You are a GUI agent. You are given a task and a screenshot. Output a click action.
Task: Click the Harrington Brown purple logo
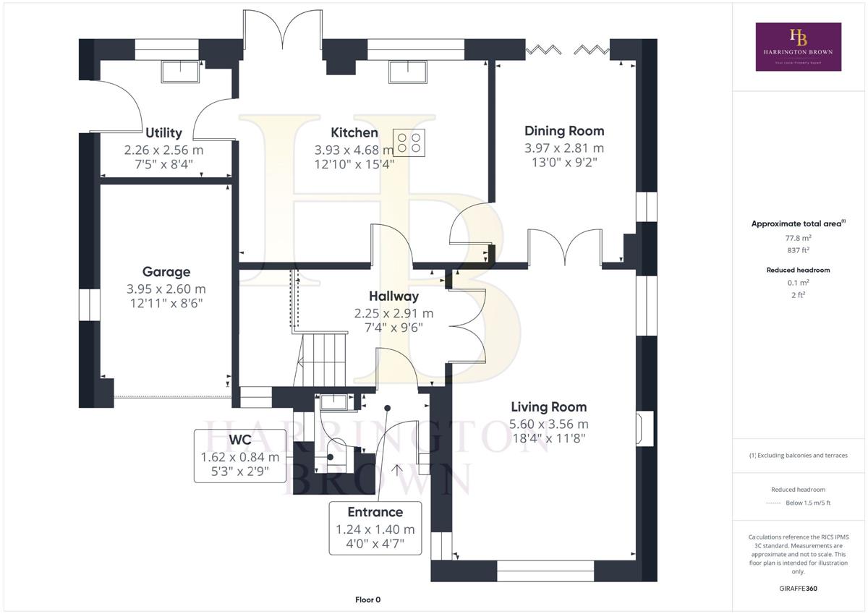(x=799, y=47)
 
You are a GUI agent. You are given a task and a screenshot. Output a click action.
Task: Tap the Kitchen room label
(x=354, y=133)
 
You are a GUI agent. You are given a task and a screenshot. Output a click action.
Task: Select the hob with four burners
(x=409, y=142)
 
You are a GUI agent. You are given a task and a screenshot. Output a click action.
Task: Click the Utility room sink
(x=180, y=72)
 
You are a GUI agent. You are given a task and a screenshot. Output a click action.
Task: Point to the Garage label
(x=166, y=272)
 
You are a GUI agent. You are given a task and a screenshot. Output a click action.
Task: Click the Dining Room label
(x=564, y=131)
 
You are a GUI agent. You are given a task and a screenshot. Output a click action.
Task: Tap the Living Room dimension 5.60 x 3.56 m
(x=549, y=425)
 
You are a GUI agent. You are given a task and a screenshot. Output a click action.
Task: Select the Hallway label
(x=393, y=297)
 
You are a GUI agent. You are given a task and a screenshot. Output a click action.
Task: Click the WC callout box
(x=240, y=456)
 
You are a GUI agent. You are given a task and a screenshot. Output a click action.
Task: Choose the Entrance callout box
(x=375, y=528)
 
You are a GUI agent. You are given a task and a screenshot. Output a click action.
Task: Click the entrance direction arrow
(x=397, y=469)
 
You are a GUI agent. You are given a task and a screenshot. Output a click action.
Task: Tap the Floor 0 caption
(x=367, y=600)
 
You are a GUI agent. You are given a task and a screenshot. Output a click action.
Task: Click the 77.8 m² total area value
(x=799, y=238)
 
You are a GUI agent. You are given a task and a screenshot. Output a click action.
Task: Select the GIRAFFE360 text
(x=799, y=589)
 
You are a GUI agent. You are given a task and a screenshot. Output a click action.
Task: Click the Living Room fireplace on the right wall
(x=644, y=428)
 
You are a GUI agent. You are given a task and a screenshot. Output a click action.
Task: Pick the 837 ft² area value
(x=799, y=250)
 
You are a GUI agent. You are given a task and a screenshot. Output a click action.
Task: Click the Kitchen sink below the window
(x=408, y=72)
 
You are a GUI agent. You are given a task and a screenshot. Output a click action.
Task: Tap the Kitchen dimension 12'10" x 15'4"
(x=354, y=164)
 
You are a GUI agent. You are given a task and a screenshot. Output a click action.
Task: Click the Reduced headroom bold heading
(x=799, y=270)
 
